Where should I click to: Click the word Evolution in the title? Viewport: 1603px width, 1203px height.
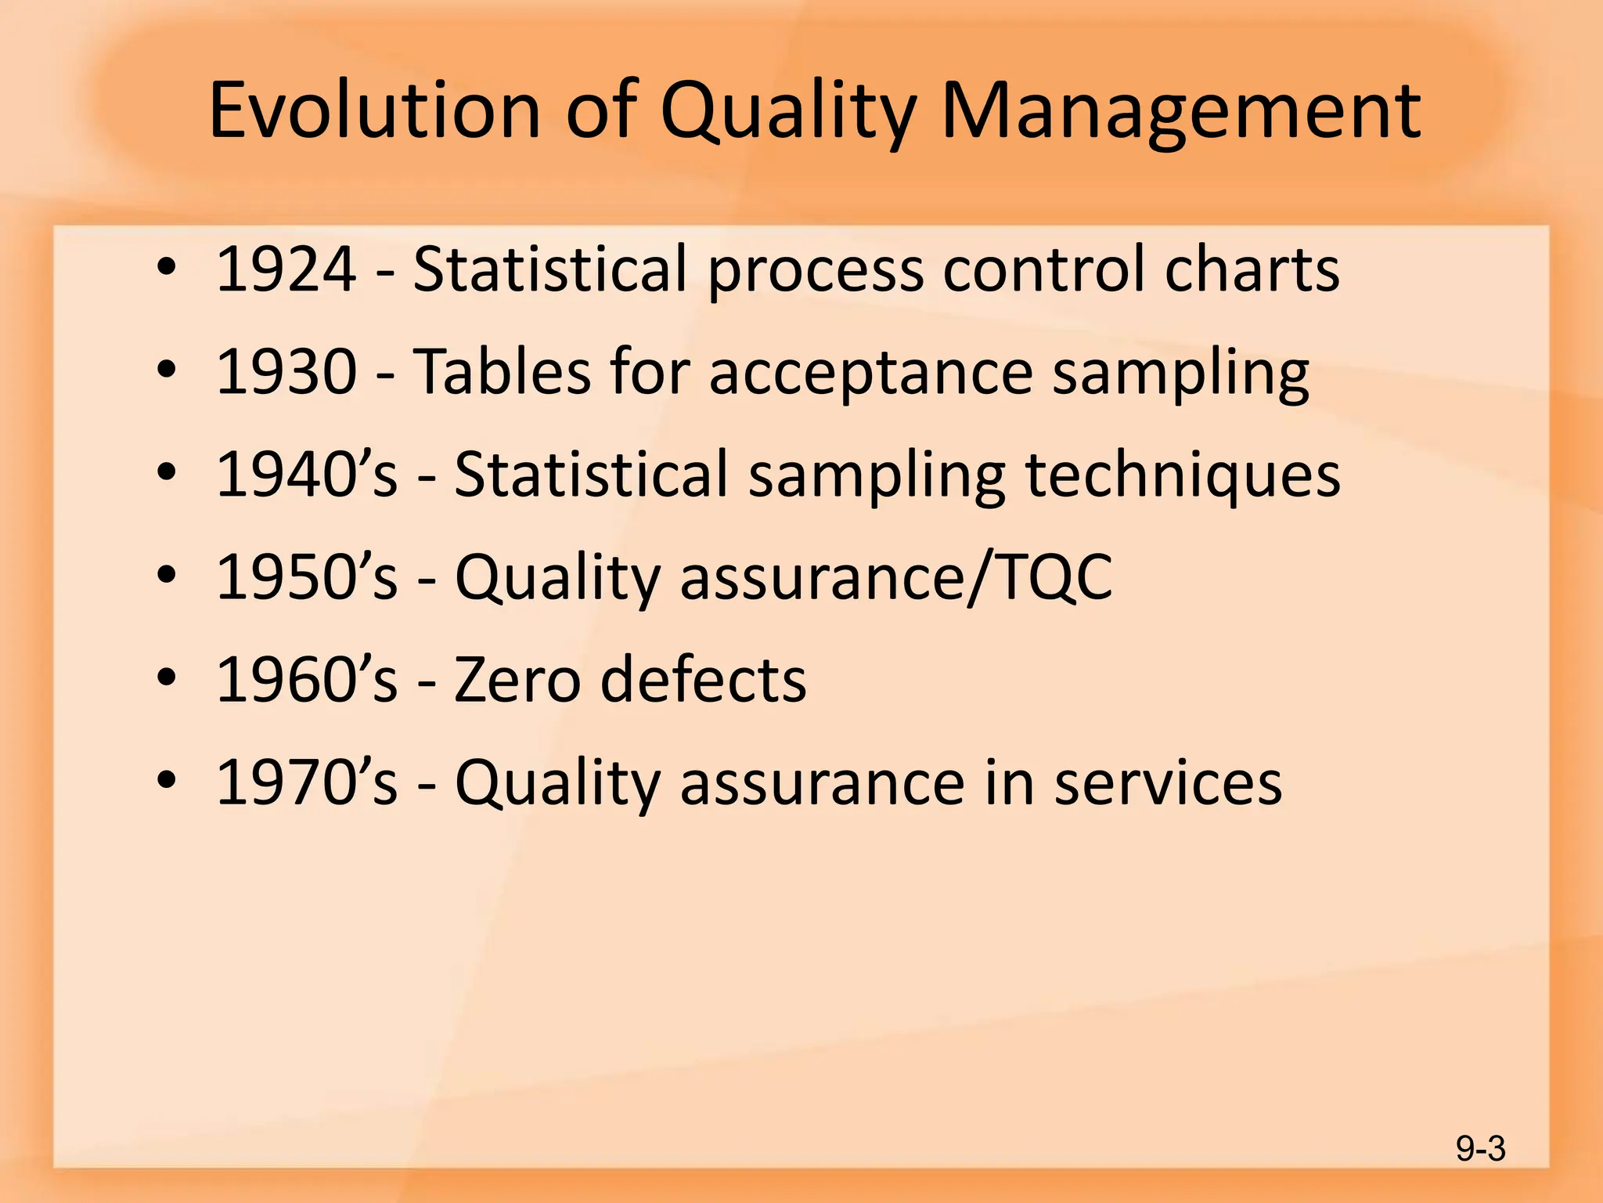pyautogui.click(x=374, y=111)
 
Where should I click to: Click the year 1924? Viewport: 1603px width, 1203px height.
pyautogui.click(x=286, y=269)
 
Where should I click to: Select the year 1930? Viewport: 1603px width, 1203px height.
pyautogui.click(x=286, y=372)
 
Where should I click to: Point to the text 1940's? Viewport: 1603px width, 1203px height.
pyautogui.click(x=306, y=475)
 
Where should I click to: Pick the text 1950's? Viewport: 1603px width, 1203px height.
pyautogui.click(x=306, y=577)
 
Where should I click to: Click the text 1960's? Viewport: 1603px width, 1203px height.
pyautogui.click(x=306, y=680)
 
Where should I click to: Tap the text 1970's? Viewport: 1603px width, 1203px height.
pyautogui.click(x=306, y=782)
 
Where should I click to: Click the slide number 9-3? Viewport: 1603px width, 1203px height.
pyautogui.click(x=1480, y=1149)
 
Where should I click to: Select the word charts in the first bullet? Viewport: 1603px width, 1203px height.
pyautogui.click(x=1252, y=269)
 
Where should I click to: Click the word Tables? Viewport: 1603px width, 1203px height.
pyautogui.click(x=501, y=372)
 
